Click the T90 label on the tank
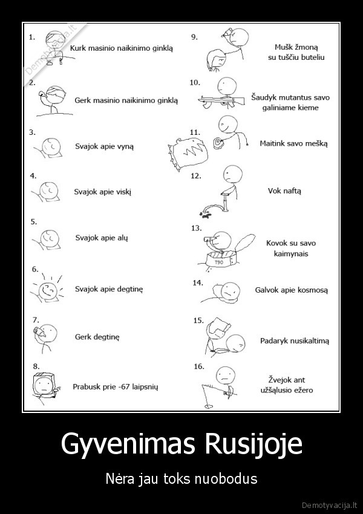(x=219, y=262)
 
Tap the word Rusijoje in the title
(x=253, y=444)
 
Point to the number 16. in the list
(x=198, y=366)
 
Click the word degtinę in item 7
(x=106, y=337)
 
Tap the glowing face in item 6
(x=48, y=290)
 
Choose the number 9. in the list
(x=194, y=37)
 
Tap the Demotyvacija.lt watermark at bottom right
(x=330, y=504)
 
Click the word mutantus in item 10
(x=290, y=97)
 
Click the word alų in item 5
(x=122, y=238)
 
